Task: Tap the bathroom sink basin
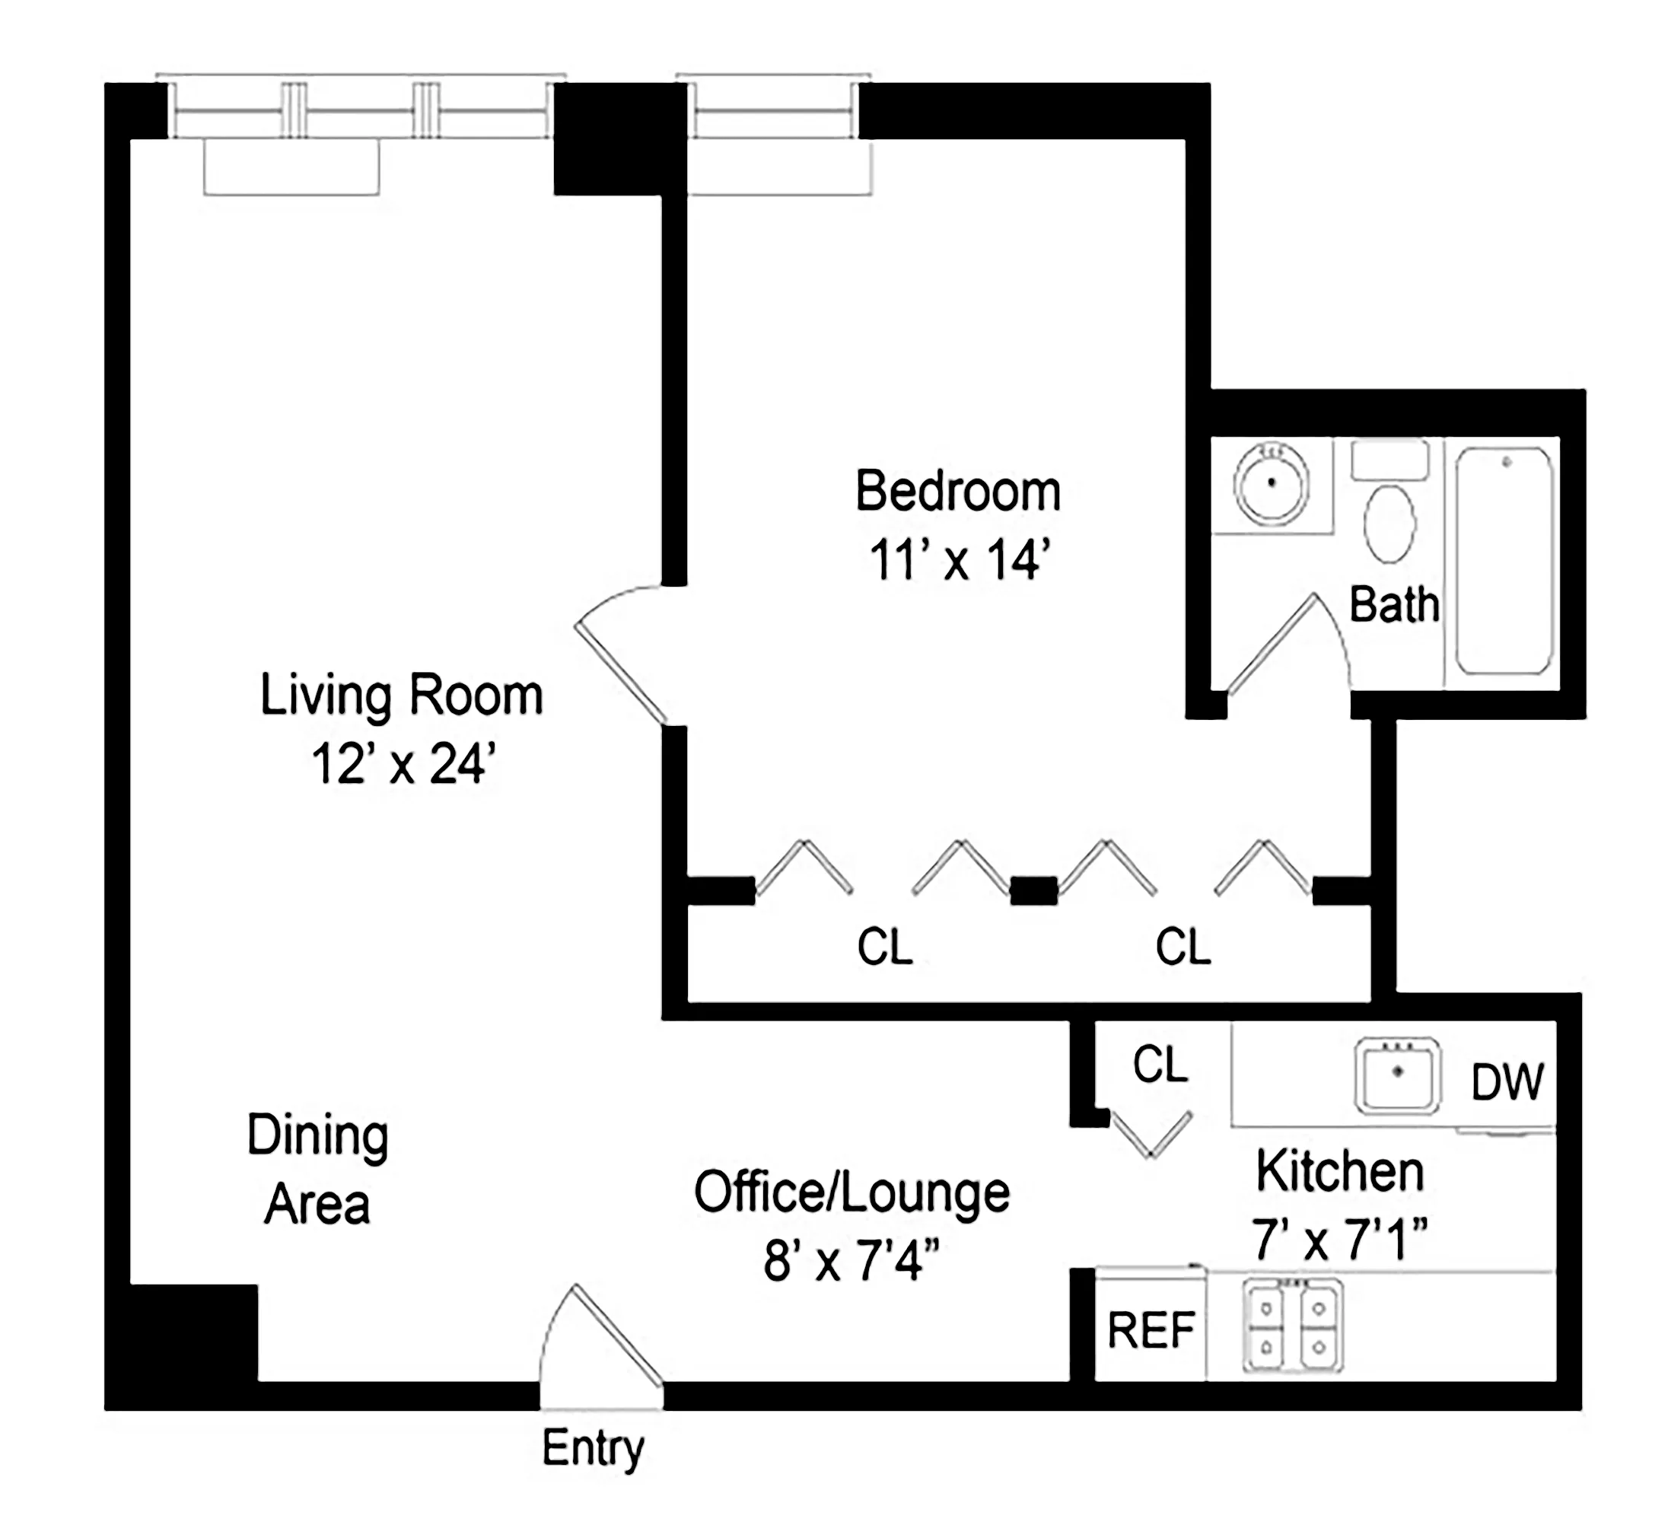point(1271,482)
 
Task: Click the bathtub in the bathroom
point(1504,561)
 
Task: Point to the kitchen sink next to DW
point(1397,1075)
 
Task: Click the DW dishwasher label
point(1507,1081)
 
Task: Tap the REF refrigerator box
point(1150,1329)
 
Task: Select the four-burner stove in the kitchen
point(1292,1325)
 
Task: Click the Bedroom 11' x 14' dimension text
point(959,559)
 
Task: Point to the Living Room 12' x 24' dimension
point(403,763)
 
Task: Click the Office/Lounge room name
point(852,1192)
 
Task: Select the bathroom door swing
point(1271,643)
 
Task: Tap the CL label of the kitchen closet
point(1160,1063)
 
